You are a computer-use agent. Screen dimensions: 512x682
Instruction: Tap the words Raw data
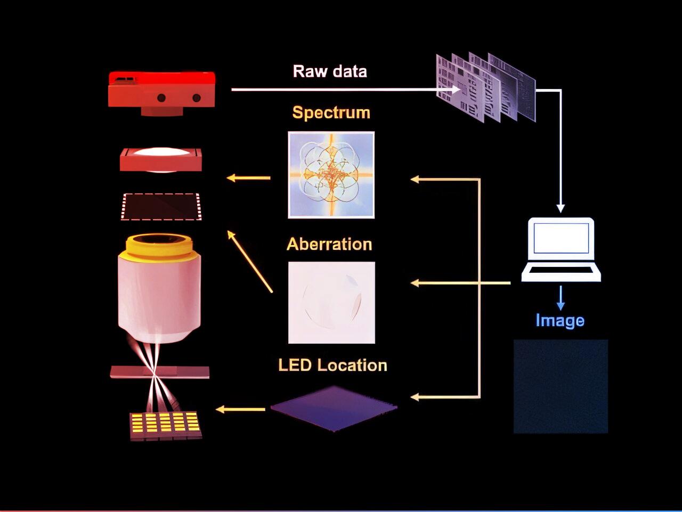[x=330, y=71]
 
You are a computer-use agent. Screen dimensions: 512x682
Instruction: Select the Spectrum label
[x=331, y=112]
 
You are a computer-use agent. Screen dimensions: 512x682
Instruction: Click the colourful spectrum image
[x=331, y=175]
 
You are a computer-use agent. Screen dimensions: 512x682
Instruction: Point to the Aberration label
[x=329, y=244]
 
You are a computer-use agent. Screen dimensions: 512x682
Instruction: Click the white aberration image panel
[x=331, y=302]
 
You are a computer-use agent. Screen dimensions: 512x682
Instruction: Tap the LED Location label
[x=332, y=365]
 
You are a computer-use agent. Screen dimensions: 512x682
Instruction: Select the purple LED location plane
[x=334, y=408]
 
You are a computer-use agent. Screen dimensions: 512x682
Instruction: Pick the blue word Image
[x=560, y=320]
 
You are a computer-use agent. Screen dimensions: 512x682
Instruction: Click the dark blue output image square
[x=561, y=386]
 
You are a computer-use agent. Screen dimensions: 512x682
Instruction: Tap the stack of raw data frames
[x=485, y=87]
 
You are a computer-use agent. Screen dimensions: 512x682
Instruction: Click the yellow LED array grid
[x=166, y=423]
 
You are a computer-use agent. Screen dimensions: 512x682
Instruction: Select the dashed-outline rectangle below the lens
[x=161, y=206]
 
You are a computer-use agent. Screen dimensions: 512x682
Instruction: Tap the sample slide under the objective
[x=160, y=372]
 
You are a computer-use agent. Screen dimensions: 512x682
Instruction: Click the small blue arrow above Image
[x=560, y=298]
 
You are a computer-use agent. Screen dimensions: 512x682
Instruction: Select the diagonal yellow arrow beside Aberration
[x=250, y=261]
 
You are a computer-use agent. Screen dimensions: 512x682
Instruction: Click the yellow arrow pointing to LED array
[x=240, y=409]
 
